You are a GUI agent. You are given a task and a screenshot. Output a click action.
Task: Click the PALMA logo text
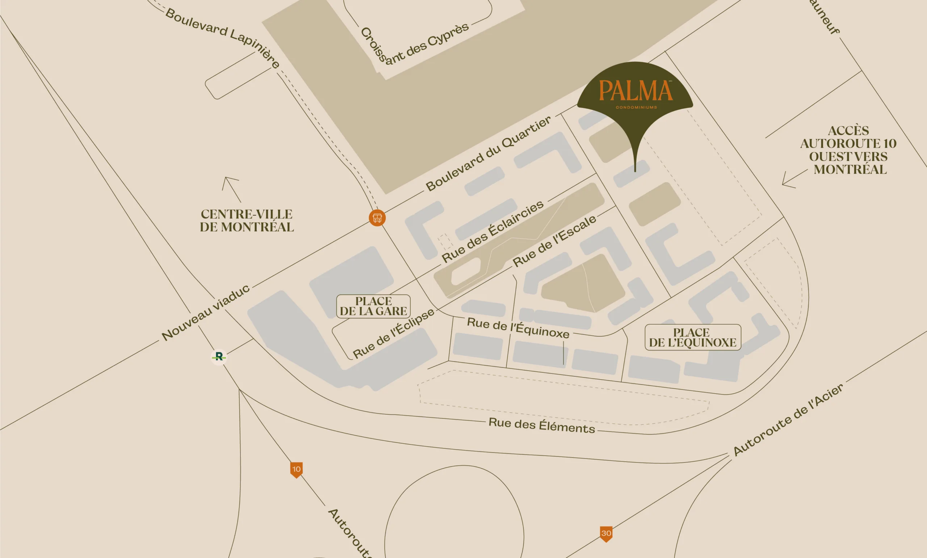(636, 90)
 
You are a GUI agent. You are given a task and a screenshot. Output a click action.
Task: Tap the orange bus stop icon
(377, 218)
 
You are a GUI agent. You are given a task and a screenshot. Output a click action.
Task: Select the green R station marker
(219, 356)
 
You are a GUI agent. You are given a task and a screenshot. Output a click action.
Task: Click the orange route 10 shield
(297, 469)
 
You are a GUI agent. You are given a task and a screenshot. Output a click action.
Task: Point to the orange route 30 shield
(606, 533)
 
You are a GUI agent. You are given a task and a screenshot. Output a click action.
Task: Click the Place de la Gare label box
(373, 306)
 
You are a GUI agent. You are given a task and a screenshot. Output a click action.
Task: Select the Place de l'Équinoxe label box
(693, 337)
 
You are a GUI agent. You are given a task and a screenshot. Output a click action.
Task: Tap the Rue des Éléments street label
(541, 426)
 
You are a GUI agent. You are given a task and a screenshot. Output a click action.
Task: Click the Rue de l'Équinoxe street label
(518, 327)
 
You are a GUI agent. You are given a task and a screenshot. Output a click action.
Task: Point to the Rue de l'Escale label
(554, 241)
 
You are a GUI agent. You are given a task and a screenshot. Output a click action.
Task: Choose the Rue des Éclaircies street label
(492, 231)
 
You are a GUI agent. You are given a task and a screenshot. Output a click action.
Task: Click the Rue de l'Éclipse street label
(394, 333)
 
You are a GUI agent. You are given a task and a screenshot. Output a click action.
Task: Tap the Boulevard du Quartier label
(488, 153)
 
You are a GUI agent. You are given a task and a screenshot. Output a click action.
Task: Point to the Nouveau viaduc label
(205, 312)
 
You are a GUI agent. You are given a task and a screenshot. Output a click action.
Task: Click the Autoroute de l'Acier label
(788, 420)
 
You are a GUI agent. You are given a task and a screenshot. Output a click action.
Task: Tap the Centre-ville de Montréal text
(247, 221)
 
